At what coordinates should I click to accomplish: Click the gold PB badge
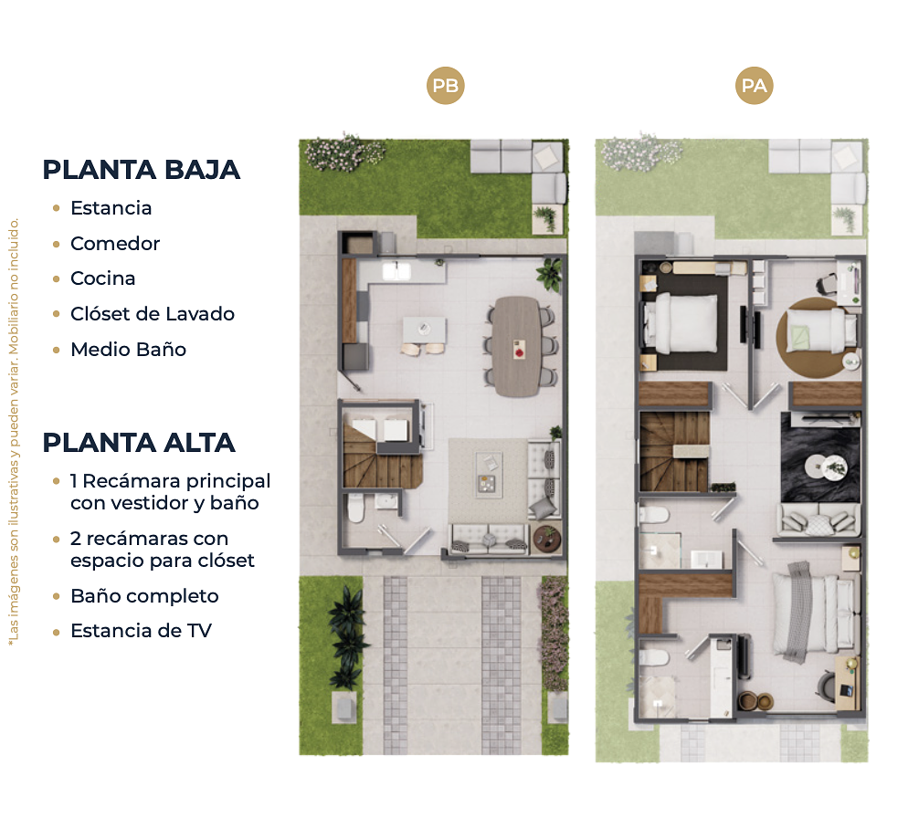[445, 86]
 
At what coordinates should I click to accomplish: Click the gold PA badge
[754, 86]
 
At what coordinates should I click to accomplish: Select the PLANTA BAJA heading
[142, 170]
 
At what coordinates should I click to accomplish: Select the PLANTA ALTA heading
[139, 443]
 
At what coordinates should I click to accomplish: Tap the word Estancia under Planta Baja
[111, 208]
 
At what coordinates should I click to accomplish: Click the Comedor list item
[115, 243]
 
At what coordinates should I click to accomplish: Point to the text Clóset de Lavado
[153, 314]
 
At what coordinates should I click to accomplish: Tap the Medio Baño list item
[129, 349]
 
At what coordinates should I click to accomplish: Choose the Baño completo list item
[144, 596]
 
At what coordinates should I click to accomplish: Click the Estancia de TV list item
[142, 631]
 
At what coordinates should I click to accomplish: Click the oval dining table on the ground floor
[517, 346]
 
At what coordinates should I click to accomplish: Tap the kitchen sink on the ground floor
[396, 270]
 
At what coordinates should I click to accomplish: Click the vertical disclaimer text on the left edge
[14, 431]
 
